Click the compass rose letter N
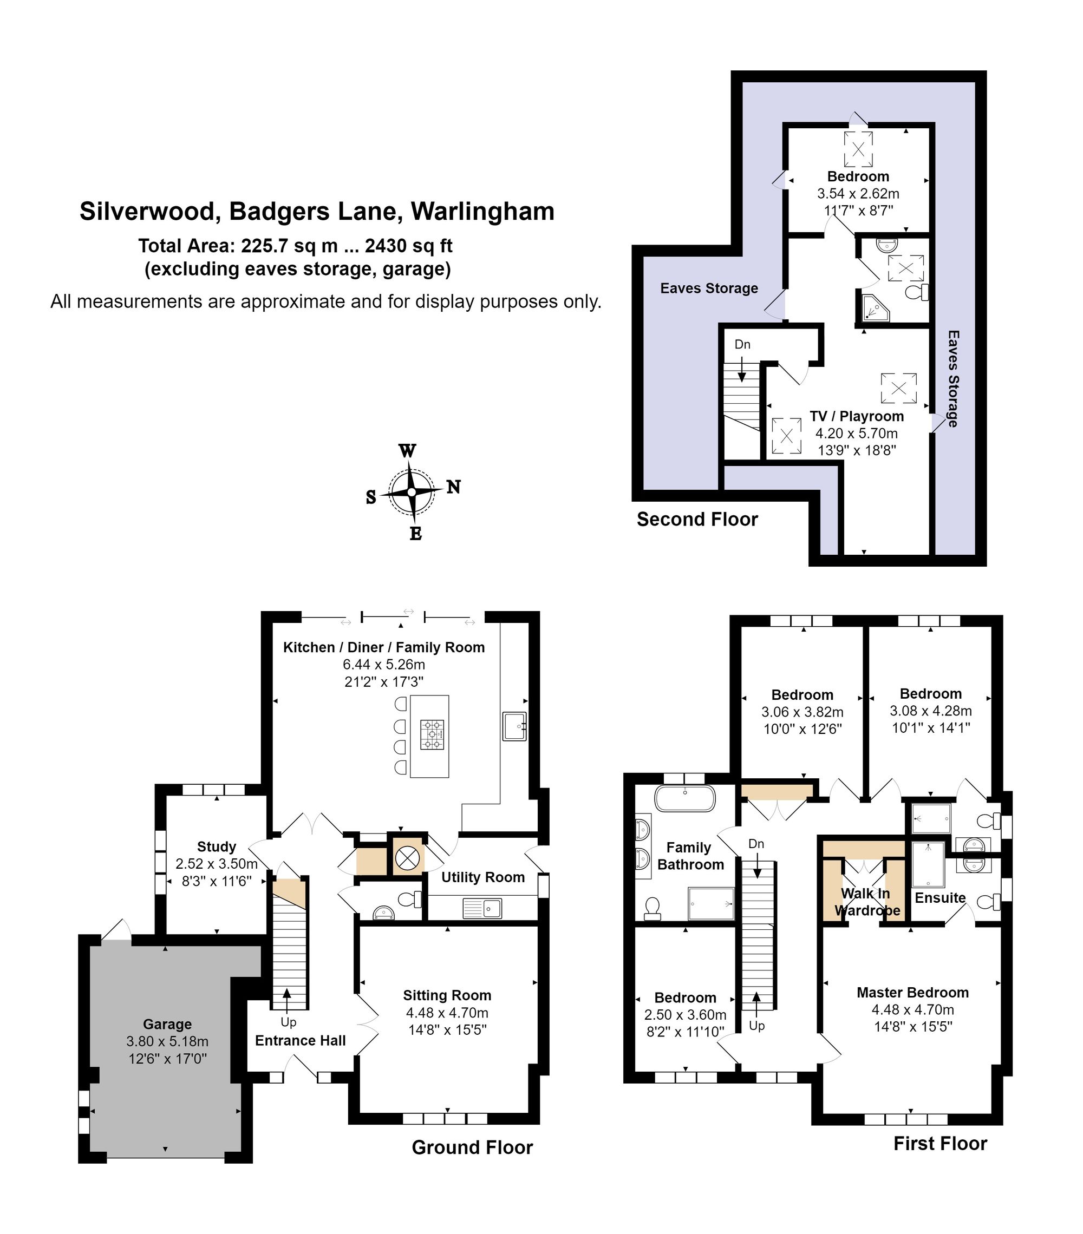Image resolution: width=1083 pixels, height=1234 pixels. coord(453,487)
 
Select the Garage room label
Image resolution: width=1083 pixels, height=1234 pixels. coord(167,1024)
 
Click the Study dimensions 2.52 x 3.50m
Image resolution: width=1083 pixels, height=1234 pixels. coord(216,864)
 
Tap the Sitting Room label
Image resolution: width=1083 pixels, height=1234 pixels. coord(447,995)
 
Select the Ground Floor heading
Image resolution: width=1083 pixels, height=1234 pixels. coord(472,1147)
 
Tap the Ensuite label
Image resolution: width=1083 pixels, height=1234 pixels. coord(940,898)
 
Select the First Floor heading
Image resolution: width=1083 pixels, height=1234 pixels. coord(940,1143)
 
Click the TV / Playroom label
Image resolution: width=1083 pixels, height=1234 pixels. coord(856,416)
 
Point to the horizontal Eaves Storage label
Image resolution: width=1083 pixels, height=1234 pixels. coord(708,288)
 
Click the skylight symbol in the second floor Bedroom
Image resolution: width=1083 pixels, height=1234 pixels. coord(858,148)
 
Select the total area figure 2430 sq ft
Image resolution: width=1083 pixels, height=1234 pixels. coord(408,246)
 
